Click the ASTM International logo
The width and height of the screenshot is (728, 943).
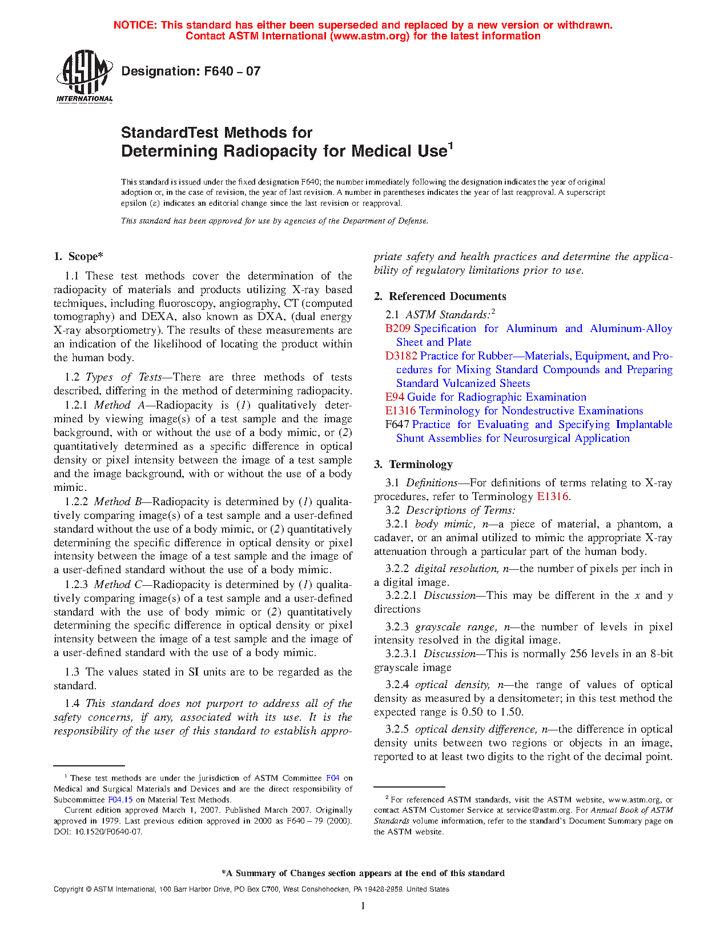pos(85,77)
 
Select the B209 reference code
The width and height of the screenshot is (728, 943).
pos(397,329)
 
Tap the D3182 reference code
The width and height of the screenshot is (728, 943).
pos(401,356)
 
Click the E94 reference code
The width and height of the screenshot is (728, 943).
pos(395,397)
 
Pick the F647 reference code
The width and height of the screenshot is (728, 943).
pos(397,425)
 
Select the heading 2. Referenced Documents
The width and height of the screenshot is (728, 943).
pos(440,296)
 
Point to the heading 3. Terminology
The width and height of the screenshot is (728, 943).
pos(413,464)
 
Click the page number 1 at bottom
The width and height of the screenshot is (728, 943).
pos(363,905)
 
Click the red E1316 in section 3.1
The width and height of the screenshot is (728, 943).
pos(552,497)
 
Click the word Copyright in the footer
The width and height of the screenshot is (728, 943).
pos(69,889)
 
